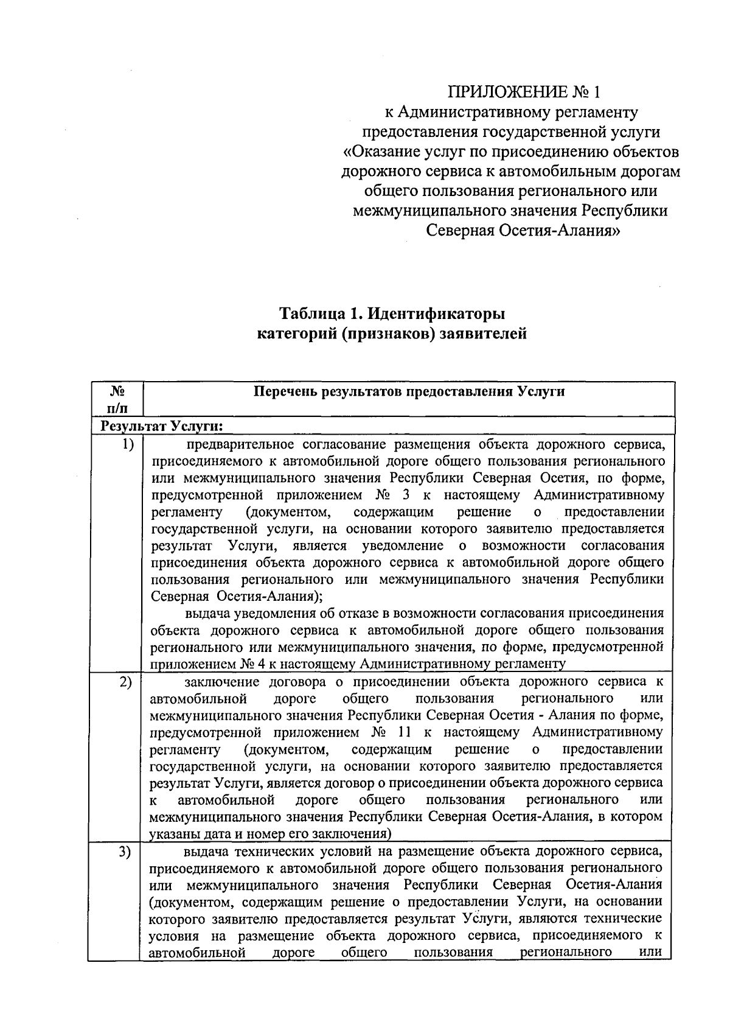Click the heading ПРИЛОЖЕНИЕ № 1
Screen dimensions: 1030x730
(x=523, y=93)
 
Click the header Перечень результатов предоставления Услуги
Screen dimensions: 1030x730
(x=409, y=392)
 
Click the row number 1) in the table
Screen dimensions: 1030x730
(x=127, y=444)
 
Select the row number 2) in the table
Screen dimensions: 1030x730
(x=126, y=682)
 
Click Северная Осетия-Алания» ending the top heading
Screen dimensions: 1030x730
(x=523, y=231)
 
